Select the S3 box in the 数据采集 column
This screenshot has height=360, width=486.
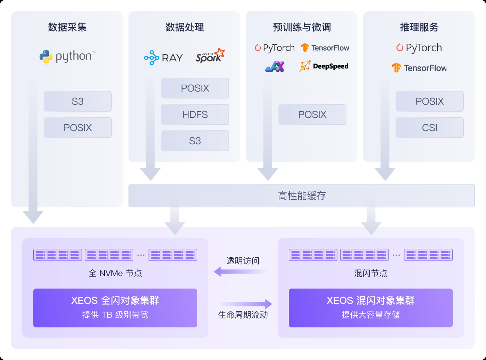coord(77,101)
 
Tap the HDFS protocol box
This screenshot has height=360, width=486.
coord(195,114)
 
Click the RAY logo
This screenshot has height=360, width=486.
coord(164,58)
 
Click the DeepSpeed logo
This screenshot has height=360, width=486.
coord(324,66)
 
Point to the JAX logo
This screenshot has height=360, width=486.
coord(275,66)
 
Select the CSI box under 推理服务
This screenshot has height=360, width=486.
coord(429,128)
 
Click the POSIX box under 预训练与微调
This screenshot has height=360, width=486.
coord(312,114)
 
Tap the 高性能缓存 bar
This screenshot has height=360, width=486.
coord(301,196)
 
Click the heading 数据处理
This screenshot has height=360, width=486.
coord(184,27)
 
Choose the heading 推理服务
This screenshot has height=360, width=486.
coord(419,27)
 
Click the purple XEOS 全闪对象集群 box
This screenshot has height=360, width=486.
coord(115,308)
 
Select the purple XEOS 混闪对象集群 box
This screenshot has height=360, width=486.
coord(370,308)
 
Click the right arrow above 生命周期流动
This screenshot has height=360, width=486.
coord(246,304)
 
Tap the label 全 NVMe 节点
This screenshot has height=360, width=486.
coord(115,273)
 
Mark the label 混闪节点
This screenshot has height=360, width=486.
coord(370,273)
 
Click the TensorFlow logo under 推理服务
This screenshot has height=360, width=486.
coord(419,68)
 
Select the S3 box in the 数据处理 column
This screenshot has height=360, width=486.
coord(195,141)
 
